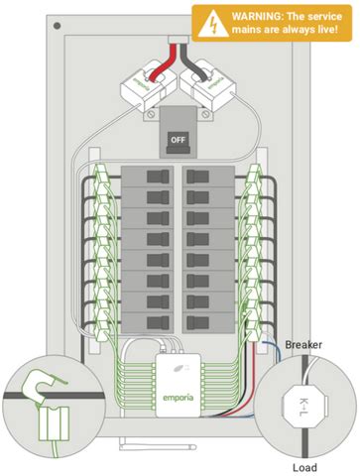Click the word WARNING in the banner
point(261,15)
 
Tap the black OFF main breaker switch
point(180,139)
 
